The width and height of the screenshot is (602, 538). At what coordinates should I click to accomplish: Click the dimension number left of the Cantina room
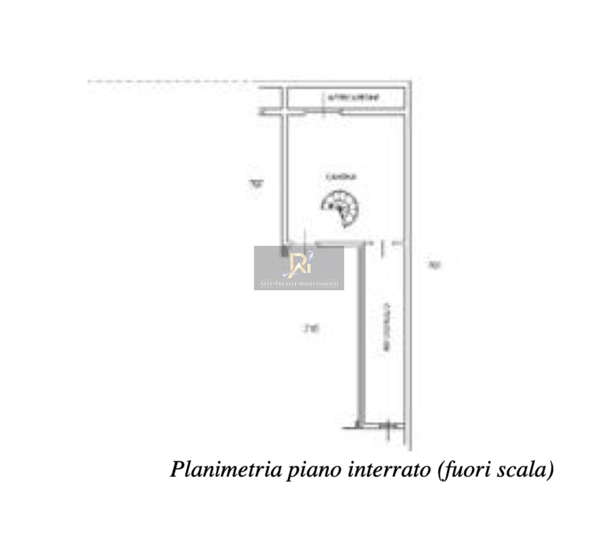pyautogui.click(x=257, y=184)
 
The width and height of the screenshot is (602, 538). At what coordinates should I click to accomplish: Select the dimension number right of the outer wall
pyautogui.click(x=435, y=265)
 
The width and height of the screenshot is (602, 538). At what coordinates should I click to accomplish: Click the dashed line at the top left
pyautogui.click(x=166, y=81)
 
